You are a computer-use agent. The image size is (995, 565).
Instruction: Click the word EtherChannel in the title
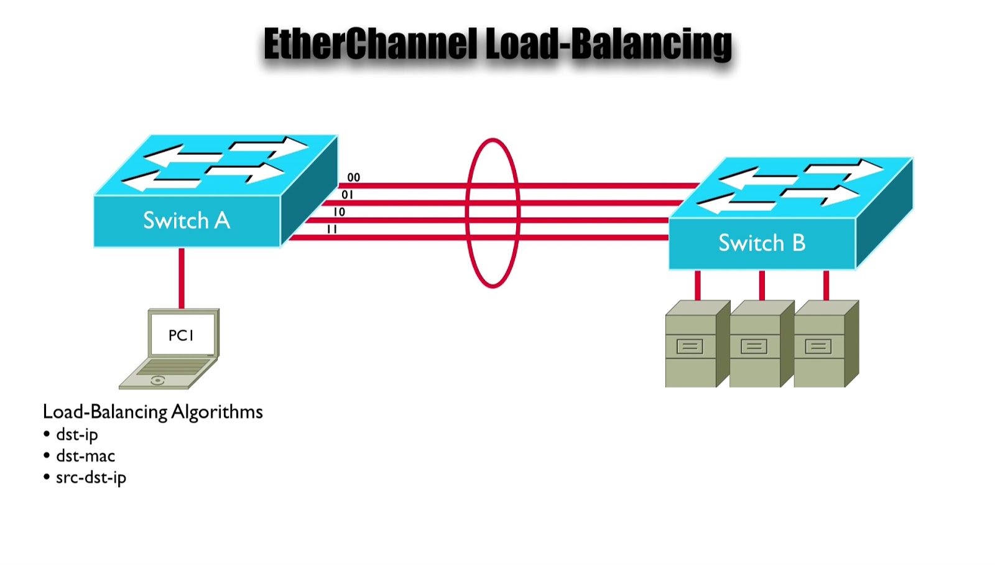[371, 44]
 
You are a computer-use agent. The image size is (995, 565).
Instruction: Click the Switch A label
[187, 221]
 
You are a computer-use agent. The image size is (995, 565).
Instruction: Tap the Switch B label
[762, 243]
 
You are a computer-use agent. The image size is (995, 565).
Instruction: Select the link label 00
[353, 178]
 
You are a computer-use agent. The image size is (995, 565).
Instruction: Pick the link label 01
[347, 195]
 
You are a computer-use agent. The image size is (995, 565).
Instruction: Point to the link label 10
[339, 212]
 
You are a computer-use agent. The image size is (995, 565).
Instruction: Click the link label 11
[332, 230]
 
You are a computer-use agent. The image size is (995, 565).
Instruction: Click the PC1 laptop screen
[182, 335]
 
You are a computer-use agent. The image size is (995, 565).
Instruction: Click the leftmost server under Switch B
[692, 345]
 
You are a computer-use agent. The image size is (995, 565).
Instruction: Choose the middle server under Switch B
[756, 345]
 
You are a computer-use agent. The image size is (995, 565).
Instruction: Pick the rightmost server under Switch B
[820, 345]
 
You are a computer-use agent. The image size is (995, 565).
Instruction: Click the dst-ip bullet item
[77, 434]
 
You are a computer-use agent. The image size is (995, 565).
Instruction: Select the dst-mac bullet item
[85, 456]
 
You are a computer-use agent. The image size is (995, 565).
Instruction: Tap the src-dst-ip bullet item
[91, 478]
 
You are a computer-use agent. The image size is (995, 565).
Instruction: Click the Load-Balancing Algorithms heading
[153, 412]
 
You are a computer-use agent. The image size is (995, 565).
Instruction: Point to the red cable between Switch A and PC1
[182, 278]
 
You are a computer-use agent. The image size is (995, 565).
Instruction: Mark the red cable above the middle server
[762, 285]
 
